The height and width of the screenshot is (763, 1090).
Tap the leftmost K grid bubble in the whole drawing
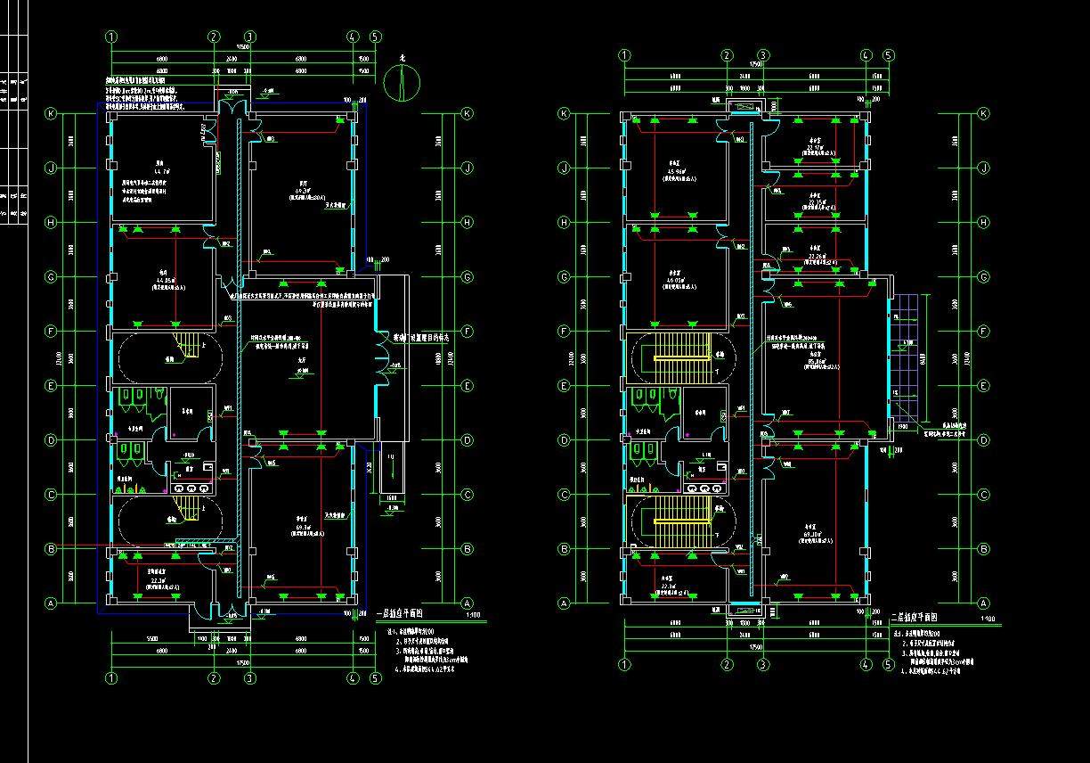[x=51, y=114]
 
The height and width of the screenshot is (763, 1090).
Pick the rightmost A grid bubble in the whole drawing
[x=984, y=603]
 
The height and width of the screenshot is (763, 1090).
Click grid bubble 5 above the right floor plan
[x=888, y=55]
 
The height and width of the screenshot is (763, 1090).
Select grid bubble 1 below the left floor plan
[x=111, y=678]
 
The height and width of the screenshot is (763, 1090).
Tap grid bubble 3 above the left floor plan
[x=250, y=37]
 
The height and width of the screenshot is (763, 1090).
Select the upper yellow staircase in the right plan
[x=680, y=357]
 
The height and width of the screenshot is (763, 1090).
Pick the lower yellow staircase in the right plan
[x=680, y=521]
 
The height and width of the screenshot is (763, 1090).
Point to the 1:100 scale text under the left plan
[x=473, y=615]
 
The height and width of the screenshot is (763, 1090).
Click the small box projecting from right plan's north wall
[x=741, y=107]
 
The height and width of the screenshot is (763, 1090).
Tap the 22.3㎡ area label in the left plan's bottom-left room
[x=159, y=580]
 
